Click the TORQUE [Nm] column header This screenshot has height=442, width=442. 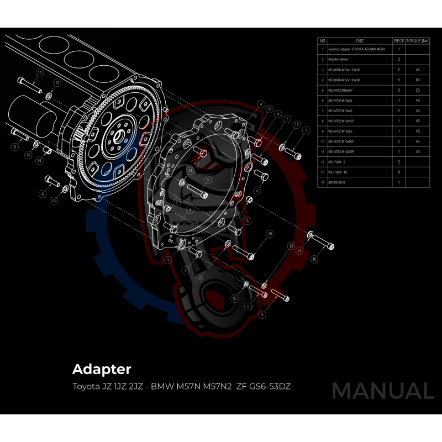click(418, 41)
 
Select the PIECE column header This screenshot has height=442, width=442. click(398, 41)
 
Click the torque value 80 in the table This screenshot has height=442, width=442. click(418, 80)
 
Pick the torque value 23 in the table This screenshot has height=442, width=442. click(418, 90)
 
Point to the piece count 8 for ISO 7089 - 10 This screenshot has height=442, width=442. click(398, 172)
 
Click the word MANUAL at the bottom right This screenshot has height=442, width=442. click(382, 391)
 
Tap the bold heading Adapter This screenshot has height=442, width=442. click(102, 369)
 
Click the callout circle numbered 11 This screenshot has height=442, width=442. click(39, 72)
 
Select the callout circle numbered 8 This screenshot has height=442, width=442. click(15, 146)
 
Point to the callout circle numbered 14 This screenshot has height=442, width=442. click(39, 160)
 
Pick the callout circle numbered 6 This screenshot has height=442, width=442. click(42, 194)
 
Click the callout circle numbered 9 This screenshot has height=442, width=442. click(207, 180)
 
